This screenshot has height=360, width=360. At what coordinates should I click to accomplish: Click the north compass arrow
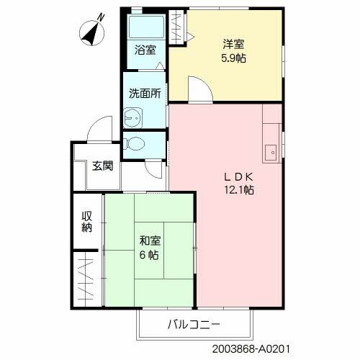click(89, 30)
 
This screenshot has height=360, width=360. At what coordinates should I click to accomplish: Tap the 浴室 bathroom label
click(145, 50)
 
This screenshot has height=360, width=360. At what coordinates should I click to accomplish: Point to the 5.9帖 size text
click(233, 58)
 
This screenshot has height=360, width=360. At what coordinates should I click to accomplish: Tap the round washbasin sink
click(132, 117)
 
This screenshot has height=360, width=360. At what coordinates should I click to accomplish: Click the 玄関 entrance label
click(102, 166)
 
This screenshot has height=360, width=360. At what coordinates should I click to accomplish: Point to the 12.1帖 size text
click(238, 191)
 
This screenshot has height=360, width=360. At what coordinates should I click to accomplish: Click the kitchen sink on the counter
click(271, 152)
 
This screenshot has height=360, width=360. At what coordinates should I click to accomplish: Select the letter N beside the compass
click(101, 16)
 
